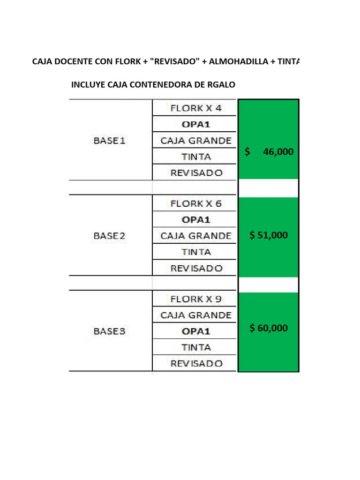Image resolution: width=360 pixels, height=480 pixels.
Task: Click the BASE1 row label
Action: [x=109, y=141]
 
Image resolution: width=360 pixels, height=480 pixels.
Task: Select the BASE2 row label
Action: [x=109, y=236]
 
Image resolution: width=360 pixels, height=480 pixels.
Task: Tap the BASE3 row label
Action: [x=109, y=331]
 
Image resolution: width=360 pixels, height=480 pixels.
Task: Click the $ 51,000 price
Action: [x=269, y=235]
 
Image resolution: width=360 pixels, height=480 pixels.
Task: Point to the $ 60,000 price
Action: [x=269, y=328]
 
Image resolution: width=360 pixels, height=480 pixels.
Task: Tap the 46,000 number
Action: [x=278, y=151]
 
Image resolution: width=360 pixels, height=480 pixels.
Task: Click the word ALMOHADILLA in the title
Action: [x=239, y=61]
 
